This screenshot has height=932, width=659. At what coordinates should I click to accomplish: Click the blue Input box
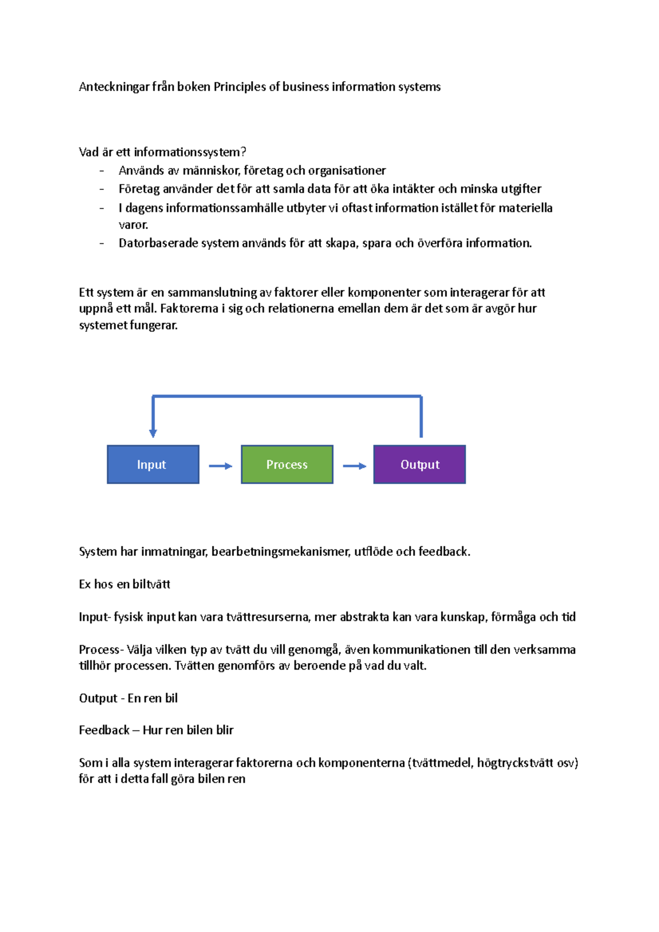point(153,464)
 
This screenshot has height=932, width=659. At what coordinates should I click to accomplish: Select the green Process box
point(287,464)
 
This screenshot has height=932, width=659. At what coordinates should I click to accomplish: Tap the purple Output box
point(420,464)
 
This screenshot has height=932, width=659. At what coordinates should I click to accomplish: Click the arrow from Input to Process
point(220,466)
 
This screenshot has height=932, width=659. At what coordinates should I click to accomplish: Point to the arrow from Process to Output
point(354,466)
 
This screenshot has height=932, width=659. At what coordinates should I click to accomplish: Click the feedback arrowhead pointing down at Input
point(153,433)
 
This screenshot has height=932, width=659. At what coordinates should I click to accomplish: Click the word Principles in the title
point(239,87)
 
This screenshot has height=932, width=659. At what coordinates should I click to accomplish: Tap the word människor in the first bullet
point(211,171)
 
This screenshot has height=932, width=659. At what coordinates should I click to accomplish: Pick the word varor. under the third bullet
point(133,225)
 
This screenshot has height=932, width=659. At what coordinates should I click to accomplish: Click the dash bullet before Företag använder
point(102,189)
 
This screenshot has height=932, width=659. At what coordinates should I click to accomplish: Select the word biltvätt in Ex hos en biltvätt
point(152,584)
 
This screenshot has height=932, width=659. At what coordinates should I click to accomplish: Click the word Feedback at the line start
point(104,730)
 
